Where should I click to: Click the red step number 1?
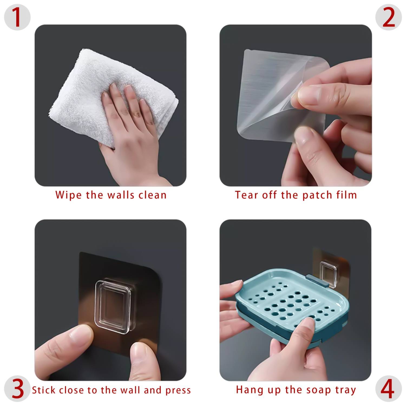pyautogui.click(x=17, y=17)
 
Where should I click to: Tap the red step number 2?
pyautogui.click(x=389, y=17)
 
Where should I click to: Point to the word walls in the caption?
pyautogui.click(x=121, y=195)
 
